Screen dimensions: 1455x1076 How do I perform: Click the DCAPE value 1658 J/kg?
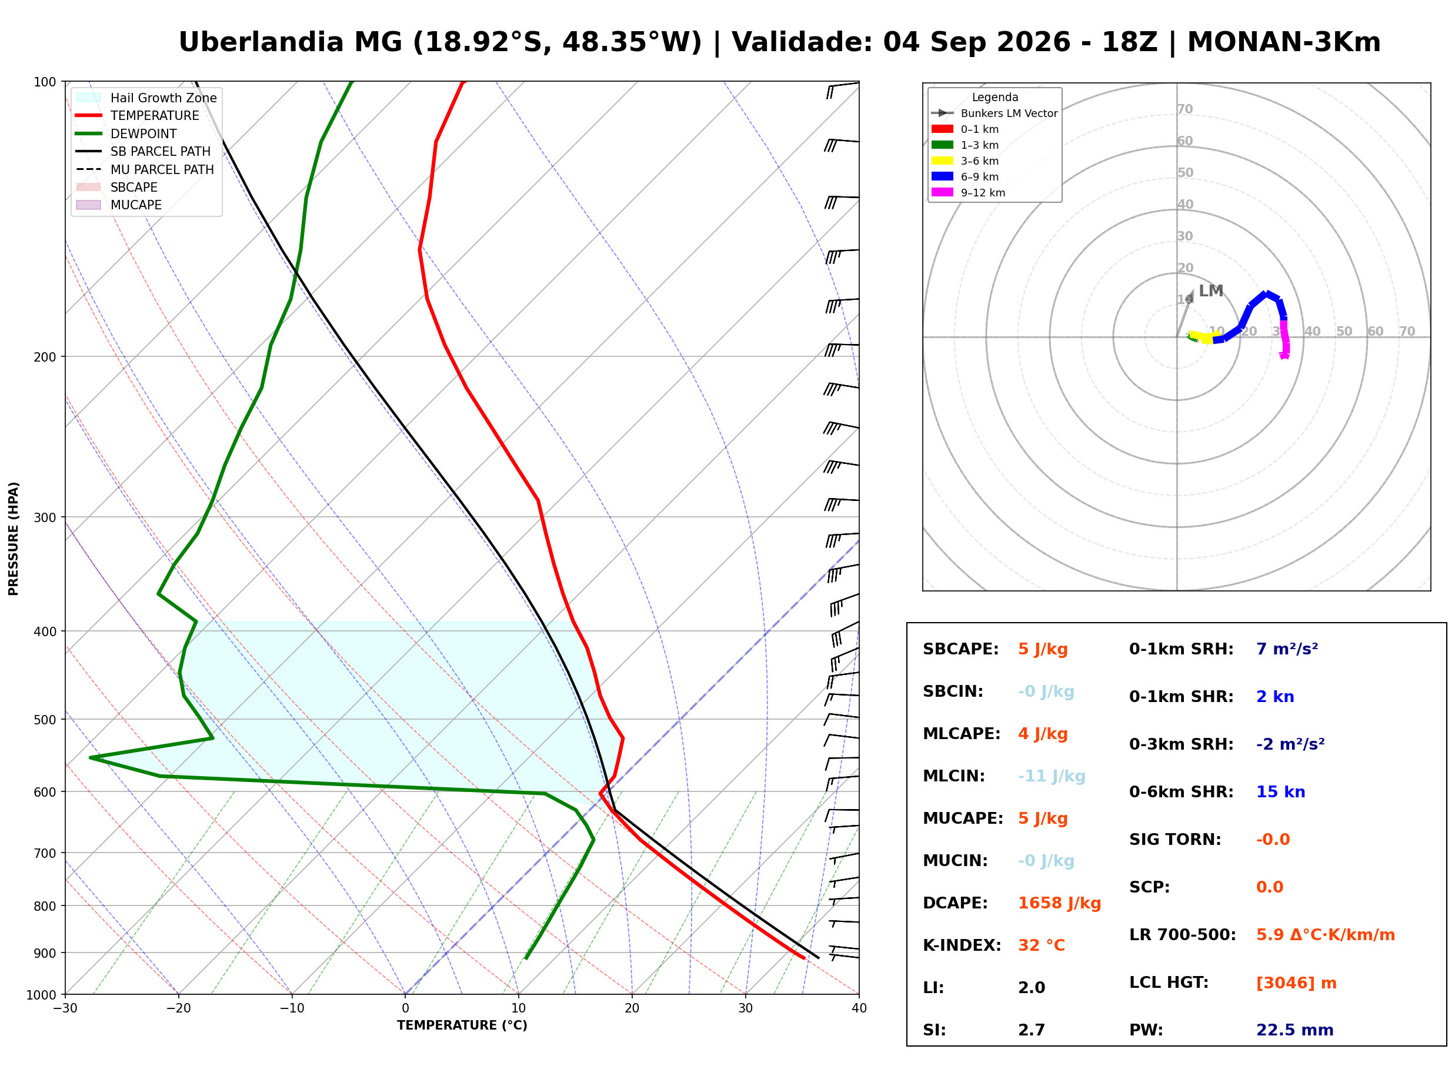(x=1059, y=903)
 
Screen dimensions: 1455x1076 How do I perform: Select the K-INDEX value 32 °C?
(x=1042, y=945)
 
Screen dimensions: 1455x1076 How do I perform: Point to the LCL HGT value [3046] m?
(x=1296, y=983)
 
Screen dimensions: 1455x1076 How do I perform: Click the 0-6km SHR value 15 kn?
(x=1280, y=792)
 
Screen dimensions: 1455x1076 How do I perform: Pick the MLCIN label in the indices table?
(x=954, y=776)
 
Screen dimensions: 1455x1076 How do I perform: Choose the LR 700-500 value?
(x=1326, y=935)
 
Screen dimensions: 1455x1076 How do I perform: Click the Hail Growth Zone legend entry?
(x=146, y=98)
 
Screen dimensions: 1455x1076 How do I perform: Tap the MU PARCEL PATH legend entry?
(x=145, y=169)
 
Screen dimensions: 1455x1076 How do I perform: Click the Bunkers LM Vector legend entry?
(x=995, y=113)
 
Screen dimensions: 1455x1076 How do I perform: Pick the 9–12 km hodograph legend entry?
(x=969, y=193)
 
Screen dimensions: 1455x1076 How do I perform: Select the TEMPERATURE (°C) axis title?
(x=462, y=1025)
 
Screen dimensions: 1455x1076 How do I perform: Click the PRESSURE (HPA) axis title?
(x=13, y=538)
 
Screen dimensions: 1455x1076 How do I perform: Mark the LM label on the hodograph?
(x=1211, y=290)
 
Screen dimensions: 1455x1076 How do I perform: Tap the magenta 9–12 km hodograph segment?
(x=1285, y=339)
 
